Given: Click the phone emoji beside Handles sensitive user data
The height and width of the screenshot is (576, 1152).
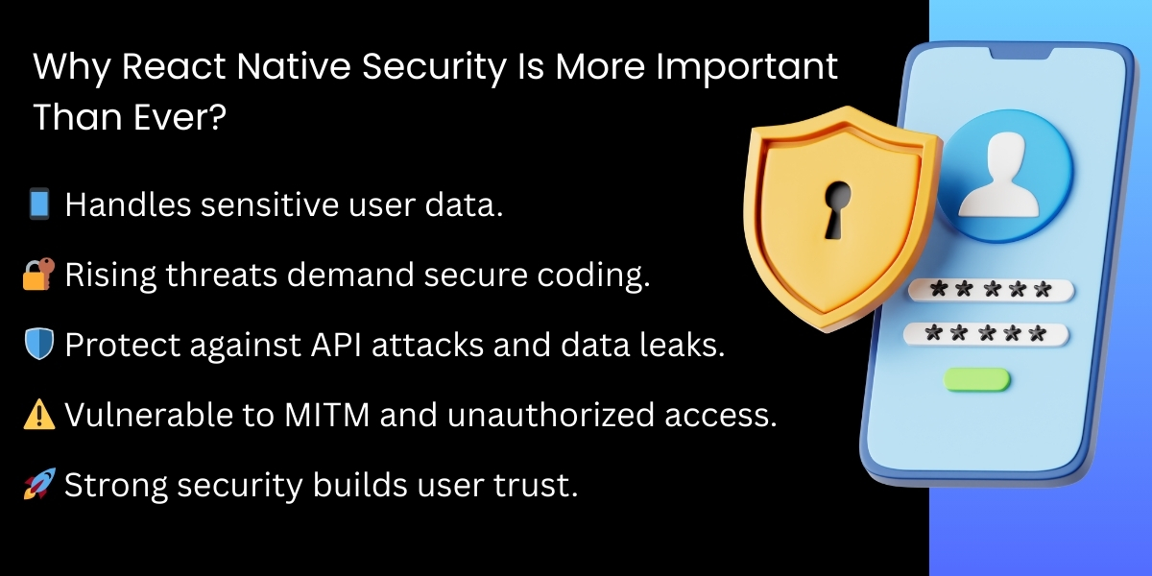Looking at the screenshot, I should pyautogui.click(x=39, y=204).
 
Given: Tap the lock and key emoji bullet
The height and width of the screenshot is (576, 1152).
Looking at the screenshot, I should pyautogui.click(x=39, y=275).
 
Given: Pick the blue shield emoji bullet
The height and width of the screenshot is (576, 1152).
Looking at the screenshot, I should pyautogui.click(x=39, y=345).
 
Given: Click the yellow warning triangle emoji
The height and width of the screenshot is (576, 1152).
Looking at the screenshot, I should pyautogui.click(x=39, y=415).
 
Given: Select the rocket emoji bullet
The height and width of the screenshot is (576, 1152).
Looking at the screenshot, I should pyautogui.click(x=39, y=485).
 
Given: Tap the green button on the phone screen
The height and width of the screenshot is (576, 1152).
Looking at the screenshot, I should pyautogui.click(x=976, y=379).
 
